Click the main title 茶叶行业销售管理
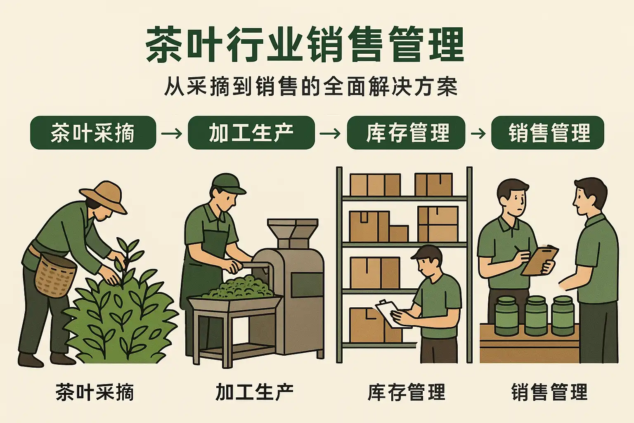[x=305, y=44]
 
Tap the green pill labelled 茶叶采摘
[x=93, y=133]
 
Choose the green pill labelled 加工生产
[x=251, y=133]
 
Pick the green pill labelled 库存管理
[x=406, y=133]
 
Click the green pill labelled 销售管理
[x=548, y=133]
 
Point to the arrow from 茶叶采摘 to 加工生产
[x=172, y=133]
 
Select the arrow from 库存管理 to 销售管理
[x=478, y=133]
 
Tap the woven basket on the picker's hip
[x=55, y=275]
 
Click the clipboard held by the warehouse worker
[x=393, y=314]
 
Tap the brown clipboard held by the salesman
[x=540, y=260]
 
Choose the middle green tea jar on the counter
[x=536, y=316]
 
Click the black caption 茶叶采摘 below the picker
[x=95, y=392]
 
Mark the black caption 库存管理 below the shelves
[x=407, y=392]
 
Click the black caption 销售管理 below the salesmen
[x=550, y=392]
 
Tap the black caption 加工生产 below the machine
[x=254, y=392]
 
